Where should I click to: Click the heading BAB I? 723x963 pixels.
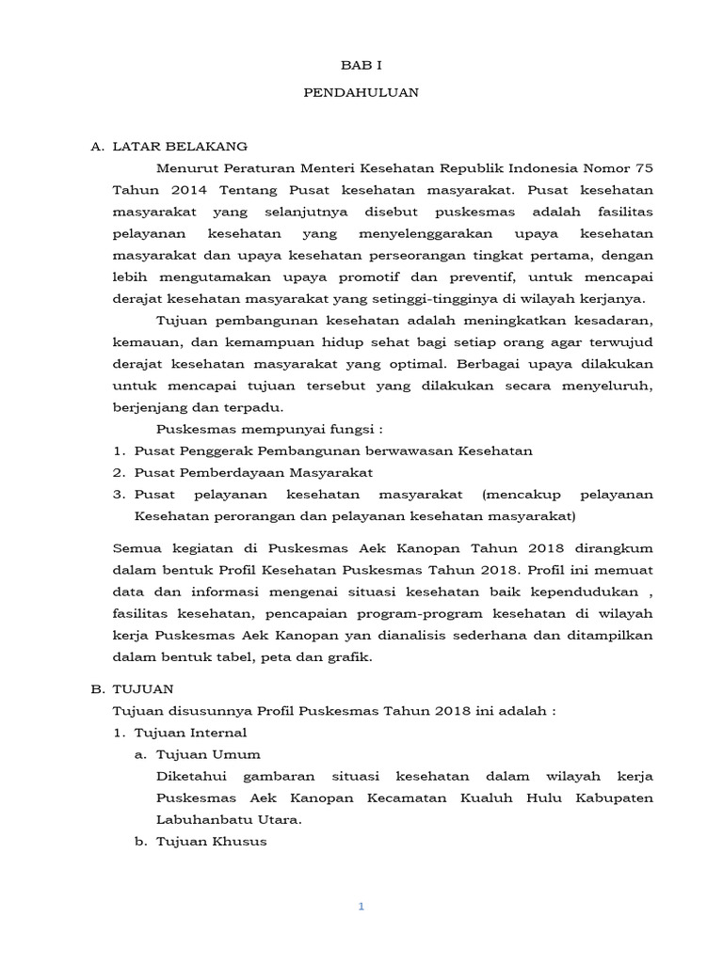[361, 65]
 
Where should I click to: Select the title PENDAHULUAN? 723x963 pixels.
[361, 93]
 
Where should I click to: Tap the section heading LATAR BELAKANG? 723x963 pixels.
[180, 147]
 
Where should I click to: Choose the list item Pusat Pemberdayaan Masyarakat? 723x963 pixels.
[253, 472]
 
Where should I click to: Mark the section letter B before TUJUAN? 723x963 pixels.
[96, 689]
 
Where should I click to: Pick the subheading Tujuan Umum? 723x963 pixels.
[208, 754]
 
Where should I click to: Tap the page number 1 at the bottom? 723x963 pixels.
[361, 907]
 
